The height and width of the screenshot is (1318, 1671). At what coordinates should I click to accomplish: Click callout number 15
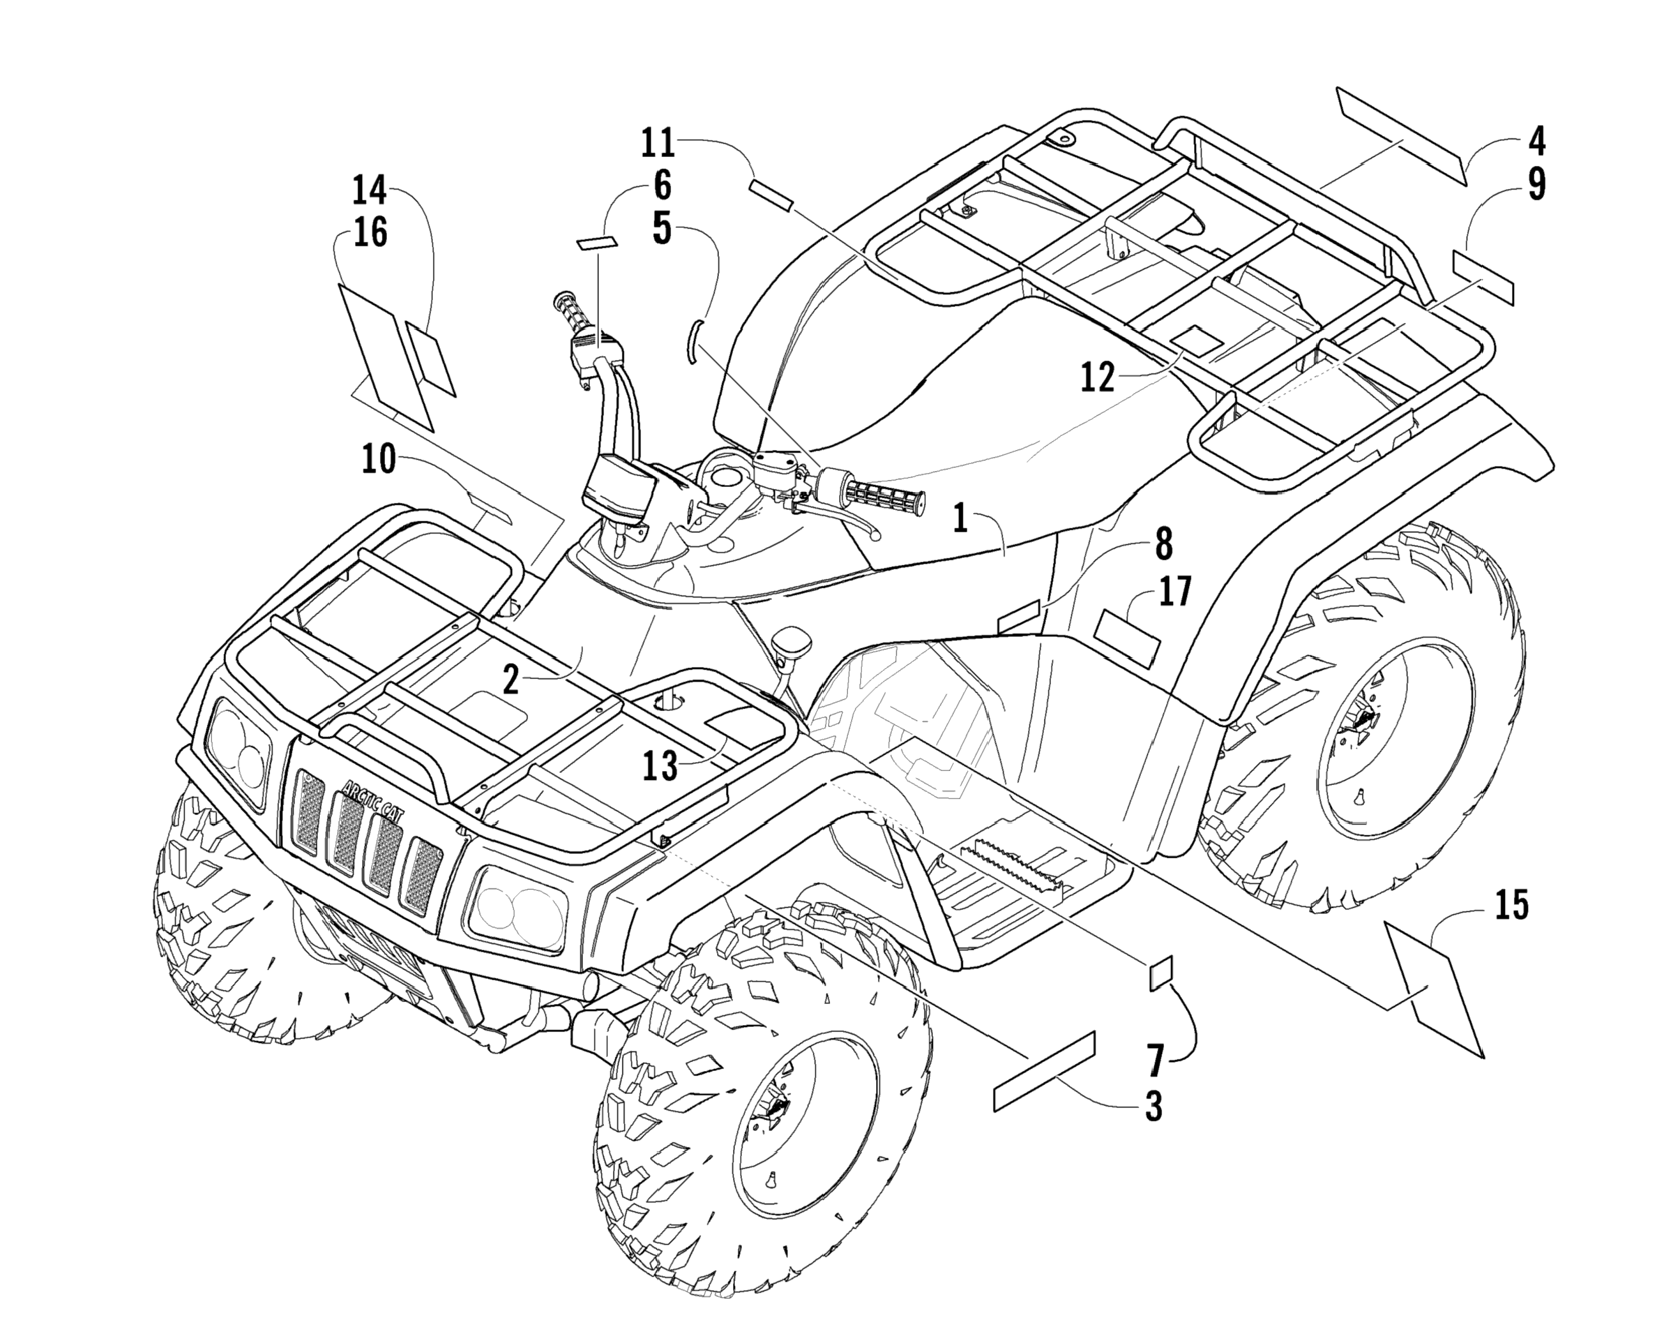click(x=1511, y=906)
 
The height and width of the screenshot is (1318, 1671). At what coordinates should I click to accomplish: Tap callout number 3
click(x=1153, y=1107)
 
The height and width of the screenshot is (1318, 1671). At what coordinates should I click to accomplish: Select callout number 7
click(x=1154, y=1060)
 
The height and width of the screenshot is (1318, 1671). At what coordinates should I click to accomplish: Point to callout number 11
click(x=658, y=144)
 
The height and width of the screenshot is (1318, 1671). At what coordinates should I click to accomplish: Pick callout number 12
click(x=1098, y=377)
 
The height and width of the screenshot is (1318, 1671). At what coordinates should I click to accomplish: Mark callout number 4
click(x=1536, y=141)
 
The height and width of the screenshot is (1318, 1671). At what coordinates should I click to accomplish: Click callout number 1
click(x=960, y=518)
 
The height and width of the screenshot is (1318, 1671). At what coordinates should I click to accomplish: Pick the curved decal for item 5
click(x=692, y=340)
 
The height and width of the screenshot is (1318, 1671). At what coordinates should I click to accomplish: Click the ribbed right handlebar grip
click(x=879, y=493)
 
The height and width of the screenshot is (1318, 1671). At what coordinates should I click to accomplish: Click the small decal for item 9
click(x=1483, y=277)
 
